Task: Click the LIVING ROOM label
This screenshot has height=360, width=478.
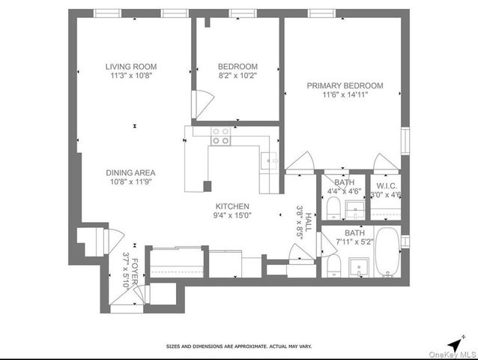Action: (x=130, y=67)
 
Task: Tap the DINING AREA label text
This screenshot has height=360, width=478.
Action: (x=130, y=172)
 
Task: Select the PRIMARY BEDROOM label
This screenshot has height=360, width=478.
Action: (x=345, y=86)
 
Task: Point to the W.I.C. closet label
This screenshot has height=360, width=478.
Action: (x=387, y=185)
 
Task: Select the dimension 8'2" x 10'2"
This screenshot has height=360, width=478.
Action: (x=238, y=76)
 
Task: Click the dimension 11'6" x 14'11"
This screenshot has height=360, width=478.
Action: (x=345, y=95)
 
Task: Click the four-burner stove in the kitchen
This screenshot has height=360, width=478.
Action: (x=221, y=136)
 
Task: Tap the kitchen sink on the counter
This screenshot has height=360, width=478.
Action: (x=269, y=160)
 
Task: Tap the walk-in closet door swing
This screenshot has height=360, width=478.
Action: (x=384, y=162)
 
